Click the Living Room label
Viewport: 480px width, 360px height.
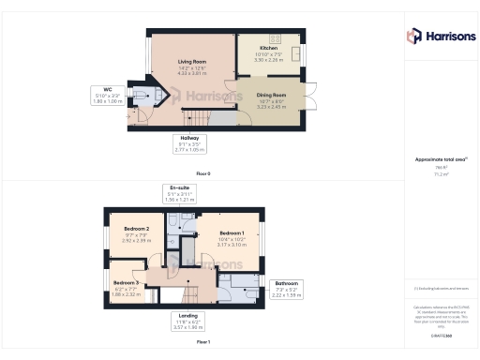tap(192, 62)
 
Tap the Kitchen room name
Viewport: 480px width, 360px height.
tap(268, 48)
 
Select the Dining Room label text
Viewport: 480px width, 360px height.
tap(273, 94)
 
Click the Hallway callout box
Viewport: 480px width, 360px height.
tap(191, 143)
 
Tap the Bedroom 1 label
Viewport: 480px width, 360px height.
tap(232, 232)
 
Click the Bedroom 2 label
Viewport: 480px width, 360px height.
tap(137, 229)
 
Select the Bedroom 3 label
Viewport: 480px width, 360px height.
tap(127, 282)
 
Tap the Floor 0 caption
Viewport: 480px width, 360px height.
tap(203, 174)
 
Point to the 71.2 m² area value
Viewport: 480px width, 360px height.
tap(438, 174)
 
